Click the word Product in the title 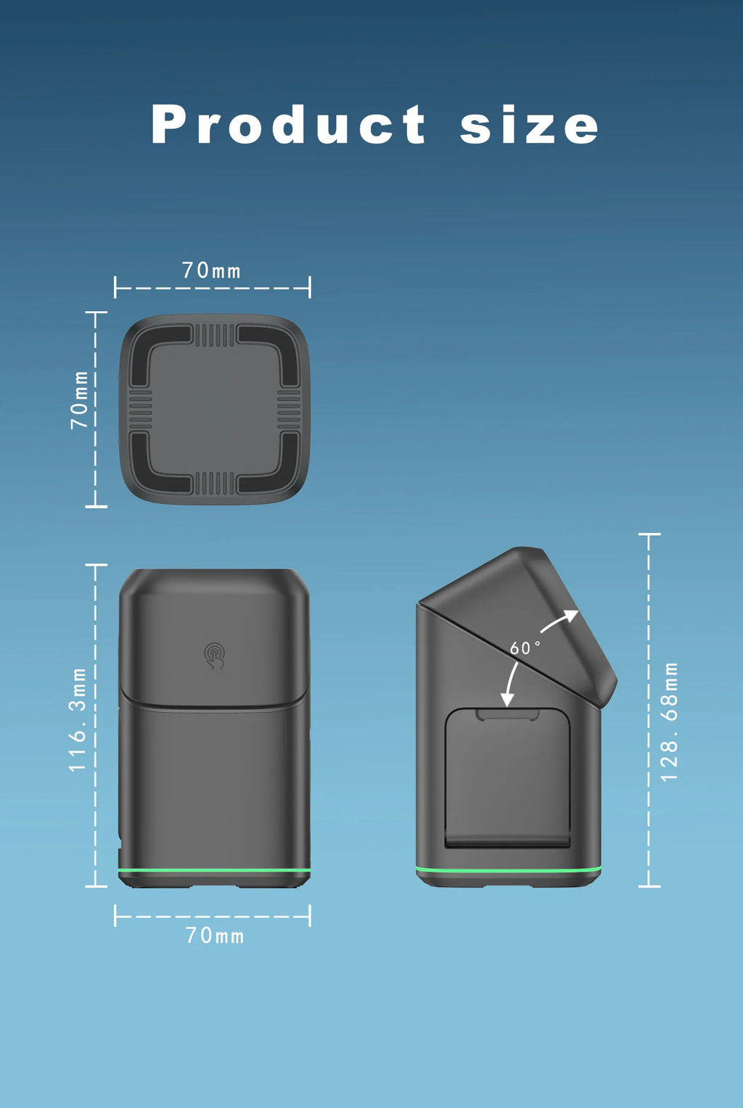[288, 124]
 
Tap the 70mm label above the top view [211, 270]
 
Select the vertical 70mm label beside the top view [79, 400]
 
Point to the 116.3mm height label [78, 719]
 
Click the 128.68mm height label [669, 722]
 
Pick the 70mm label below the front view [215, 935]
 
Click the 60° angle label [525, 648]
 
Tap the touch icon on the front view [214, 656]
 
